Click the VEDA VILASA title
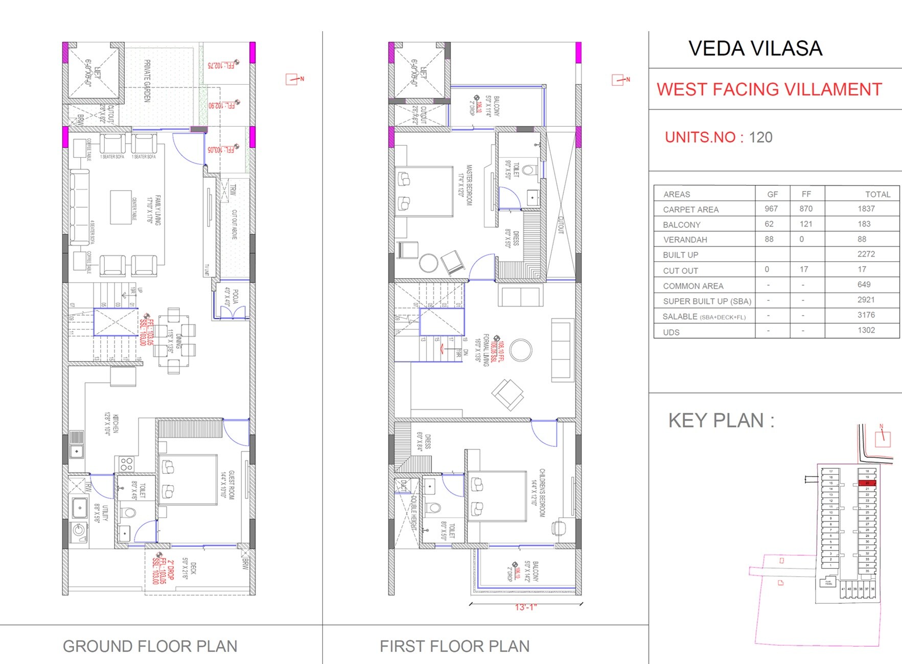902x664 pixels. coord(755,49)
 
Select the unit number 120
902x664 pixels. coord(760,137)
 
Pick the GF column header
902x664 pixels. coord(772,195)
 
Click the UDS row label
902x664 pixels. coord(671,333)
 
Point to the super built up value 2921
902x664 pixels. coord(866,300)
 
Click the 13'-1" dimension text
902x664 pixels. coord(526,607)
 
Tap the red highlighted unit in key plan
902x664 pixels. coord(867,483)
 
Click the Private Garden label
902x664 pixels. coord(147,81)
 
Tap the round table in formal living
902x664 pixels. coord(520,350)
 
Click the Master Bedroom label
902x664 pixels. coord(469,185)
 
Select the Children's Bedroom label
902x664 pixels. coord(542,492)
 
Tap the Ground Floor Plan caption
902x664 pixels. coord(150,647)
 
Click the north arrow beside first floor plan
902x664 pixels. coord(620,80)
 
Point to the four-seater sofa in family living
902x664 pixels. coord(79,207)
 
